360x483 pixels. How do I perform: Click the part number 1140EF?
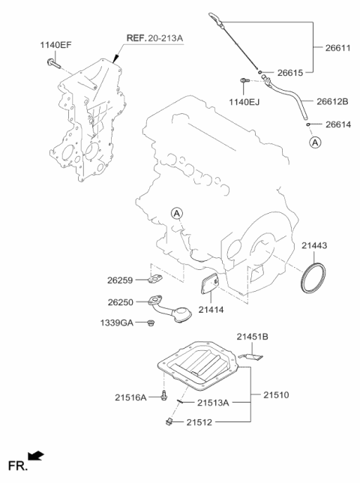point(55,45)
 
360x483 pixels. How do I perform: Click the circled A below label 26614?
point(315,141)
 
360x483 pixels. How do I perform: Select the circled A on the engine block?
point(177,214)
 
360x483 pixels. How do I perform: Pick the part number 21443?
point(314,245)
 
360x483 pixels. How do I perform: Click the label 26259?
point(120,280)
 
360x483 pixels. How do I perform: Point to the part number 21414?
point(212,308)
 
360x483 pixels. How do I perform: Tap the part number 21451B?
point(253,337)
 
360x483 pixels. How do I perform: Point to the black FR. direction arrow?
point(35,454)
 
